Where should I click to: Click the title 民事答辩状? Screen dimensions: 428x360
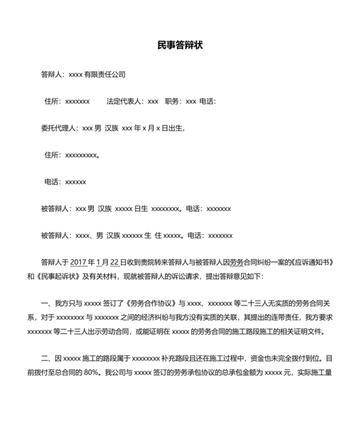(x=180, y=45)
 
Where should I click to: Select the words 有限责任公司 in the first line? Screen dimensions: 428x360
(x=105, y=75)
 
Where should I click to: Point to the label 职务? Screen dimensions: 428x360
(x=173, y=102)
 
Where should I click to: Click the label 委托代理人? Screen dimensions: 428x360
(x=59, y=128)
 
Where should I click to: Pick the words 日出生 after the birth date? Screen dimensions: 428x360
(x=173, y=128)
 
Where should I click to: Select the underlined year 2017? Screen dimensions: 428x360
(x=77, y=263)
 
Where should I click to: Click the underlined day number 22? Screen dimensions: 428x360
(x=115, y=263)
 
